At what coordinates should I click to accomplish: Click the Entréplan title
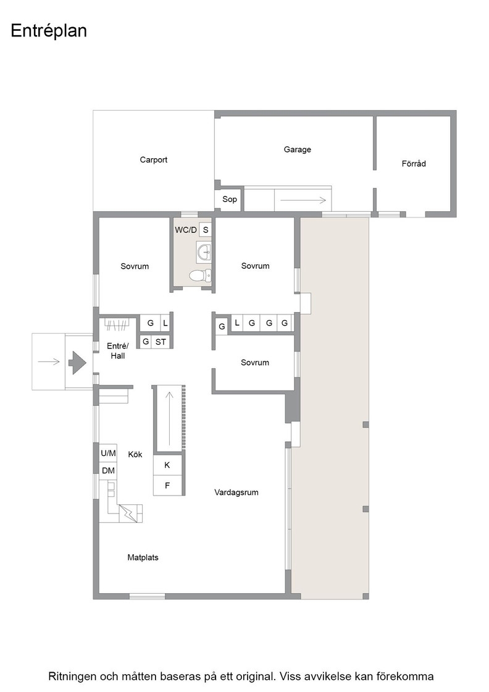[x=49, y=32]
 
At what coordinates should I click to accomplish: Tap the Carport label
[x=154, y=160]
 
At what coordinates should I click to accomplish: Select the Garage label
[x=297, y=150]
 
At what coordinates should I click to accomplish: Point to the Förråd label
[x=414, y=163]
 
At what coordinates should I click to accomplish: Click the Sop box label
[x=229, y=200]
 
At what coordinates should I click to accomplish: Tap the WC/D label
[x=186, y=230]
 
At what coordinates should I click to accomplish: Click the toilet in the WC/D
[x=200, y=276]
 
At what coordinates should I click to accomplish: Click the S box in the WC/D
[x=206, y=230]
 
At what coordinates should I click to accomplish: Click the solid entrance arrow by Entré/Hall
[x=77, y=362]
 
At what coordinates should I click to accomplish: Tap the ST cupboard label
[x=161, y=342]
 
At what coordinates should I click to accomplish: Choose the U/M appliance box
[x=109, y=454]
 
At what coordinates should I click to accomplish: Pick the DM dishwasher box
[x=109, y=471]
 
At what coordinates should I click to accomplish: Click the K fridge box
[x=167, y=465]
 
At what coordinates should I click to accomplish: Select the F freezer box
[x=167, y=486]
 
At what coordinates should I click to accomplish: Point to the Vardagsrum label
[x=236, y=492]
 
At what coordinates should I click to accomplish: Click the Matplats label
[x=143, y=557]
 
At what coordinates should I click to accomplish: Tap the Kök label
[x=135, y=454]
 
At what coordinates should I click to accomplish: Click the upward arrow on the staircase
[x=169, y=418]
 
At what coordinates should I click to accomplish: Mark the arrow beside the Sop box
[x=303, y=200]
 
